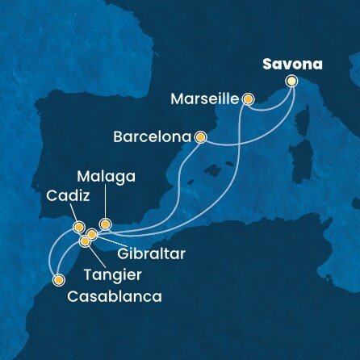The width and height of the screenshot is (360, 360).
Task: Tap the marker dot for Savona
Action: point(291,81)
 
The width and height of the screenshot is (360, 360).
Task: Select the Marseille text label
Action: point(206,100)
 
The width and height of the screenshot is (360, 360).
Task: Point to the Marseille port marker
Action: point(249,99)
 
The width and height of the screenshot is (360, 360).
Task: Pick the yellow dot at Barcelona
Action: point(200,137)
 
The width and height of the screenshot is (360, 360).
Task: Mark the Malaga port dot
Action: point(104,224)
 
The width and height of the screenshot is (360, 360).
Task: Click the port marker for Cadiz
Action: point(78,228)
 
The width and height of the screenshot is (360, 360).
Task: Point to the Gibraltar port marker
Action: point(92,235)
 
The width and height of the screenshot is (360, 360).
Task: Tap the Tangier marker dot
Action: point(85,241)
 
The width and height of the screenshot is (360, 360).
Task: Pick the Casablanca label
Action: point(115,296)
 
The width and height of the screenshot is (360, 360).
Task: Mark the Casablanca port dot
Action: point(58,281)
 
